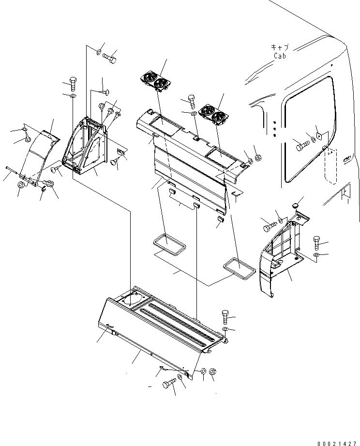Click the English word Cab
pyautogui.click(x=280, y=56)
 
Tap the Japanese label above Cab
pyautogui.click(x=280, y=47)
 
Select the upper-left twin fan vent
pyautogui.click(x=155, y=80)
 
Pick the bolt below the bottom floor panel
pyautogui.click(x=169, y=384)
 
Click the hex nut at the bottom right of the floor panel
pyautogui.click(x=214, y=372)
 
